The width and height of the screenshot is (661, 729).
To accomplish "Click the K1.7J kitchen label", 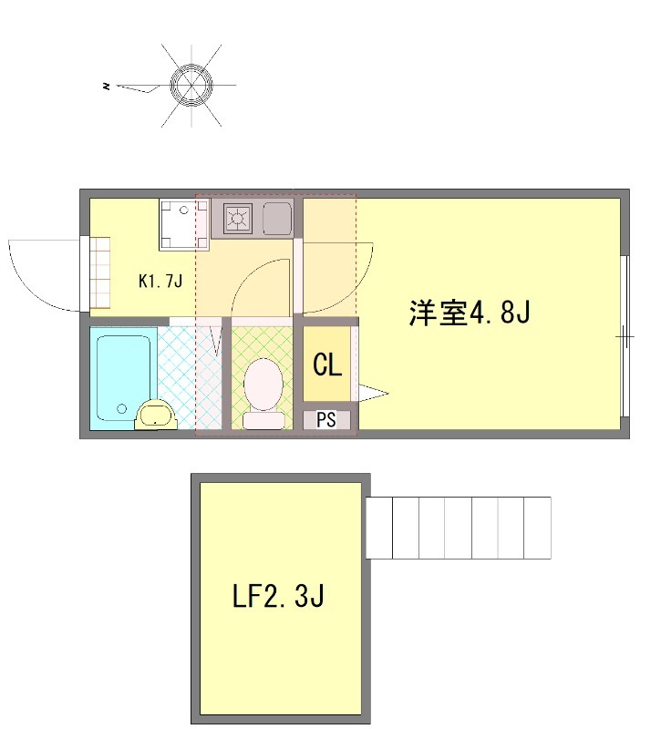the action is (160, 281).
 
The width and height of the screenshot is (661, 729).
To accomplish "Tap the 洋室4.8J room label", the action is (470, 312).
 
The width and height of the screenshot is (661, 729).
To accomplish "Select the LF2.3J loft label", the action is (278, 596).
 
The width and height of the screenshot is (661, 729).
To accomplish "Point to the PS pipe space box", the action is (326, 420).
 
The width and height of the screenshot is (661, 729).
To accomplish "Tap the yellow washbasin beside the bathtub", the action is (156, 415).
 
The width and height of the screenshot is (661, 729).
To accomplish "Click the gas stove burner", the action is (237, 218).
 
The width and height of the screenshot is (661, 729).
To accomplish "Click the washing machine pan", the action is (184, 224).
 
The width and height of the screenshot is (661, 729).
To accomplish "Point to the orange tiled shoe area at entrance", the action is (99, 272).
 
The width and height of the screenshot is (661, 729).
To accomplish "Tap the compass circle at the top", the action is (191, 86).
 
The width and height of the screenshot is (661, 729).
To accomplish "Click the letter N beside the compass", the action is (107, 86).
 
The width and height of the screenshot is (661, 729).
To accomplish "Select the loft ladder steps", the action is (459, 528).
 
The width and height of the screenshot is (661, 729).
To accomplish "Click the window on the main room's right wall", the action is (625, 336).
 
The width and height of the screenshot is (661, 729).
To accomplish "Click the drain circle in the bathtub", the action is (122, 408).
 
